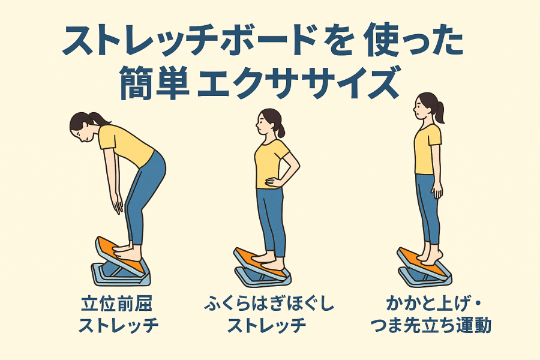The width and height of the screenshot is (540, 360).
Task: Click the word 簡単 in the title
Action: click(x=155, y=83)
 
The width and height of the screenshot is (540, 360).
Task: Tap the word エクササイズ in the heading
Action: click(x=298, y=83)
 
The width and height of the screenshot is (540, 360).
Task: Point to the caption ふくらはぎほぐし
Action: click(x=269, y=305)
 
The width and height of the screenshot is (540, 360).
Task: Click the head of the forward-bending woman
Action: click(x=85, y=126)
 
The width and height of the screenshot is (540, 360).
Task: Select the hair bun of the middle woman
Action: click(x=281, y=131)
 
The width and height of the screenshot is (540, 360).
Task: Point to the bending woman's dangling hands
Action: click(x=118, y=203)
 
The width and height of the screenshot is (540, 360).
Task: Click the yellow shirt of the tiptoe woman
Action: click(x=427, y=149)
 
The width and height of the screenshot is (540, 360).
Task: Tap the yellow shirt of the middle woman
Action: click(x=271, y=164)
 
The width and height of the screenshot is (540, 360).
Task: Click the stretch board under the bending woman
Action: click(x=121, y=263)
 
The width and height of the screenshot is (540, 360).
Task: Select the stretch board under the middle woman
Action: click(x=262, y=268)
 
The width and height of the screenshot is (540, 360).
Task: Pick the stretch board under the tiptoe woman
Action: click(x=424, y=267)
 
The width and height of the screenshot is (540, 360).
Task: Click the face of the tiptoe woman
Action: click(x=418, y=108)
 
